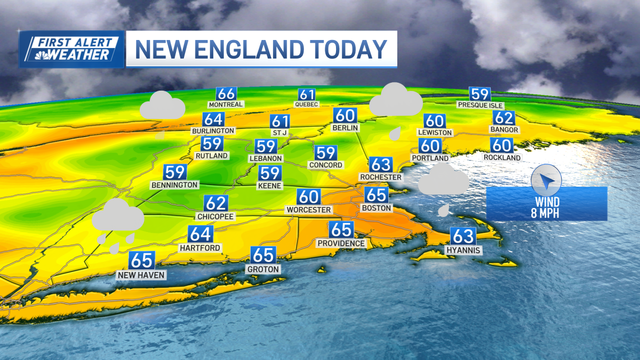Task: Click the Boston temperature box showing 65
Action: pyautogui.click(x=376, y=195)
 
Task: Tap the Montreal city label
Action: pyautogui.click(x=226, y=104)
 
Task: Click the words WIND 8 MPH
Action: pyautogui.click(x=548, y=207)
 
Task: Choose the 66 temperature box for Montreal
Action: pyautogui.click(x=226, y=93)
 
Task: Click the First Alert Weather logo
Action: pyautogui.click(x=72, y=49)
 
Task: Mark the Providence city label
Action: pyautogui.click(x=341, y=243)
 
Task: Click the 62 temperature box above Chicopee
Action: pyautogui.click(x=216, y=204)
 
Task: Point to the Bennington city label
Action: pyautogui.click(x=174, y=185)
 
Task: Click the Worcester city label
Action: pyautogui.click(x=308, y=210)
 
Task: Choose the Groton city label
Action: pyautogui.click(x=263, y=269)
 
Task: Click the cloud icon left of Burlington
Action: pyautogui.click(x=163, y=107)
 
